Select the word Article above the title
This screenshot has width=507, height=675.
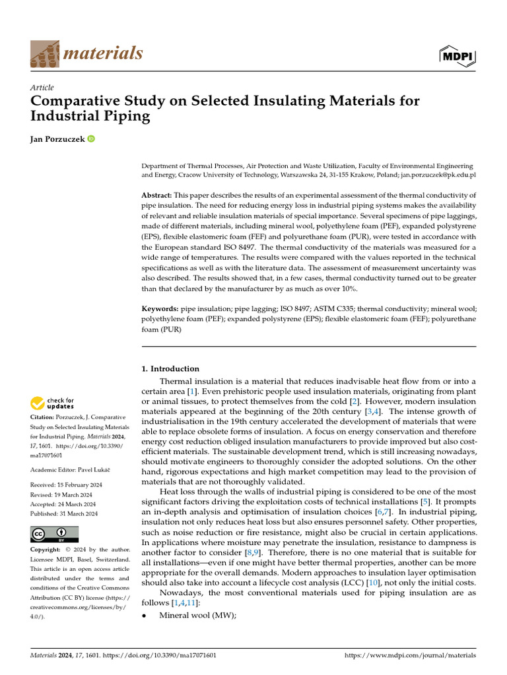tap(42, 88)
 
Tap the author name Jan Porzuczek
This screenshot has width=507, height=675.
tap(57, 139)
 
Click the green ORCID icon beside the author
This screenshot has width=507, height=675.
tap(90, 139)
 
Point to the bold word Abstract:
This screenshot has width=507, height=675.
tap(157, 196)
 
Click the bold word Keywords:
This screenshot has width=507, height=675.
tap(160, 308)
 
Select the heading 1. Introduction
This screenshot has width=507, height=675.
tap(170, 368)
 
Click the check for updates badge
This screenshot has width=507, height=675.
tap(51, 403)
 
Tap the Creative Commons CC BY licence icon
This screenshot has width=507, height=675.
tap(55, 534)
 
